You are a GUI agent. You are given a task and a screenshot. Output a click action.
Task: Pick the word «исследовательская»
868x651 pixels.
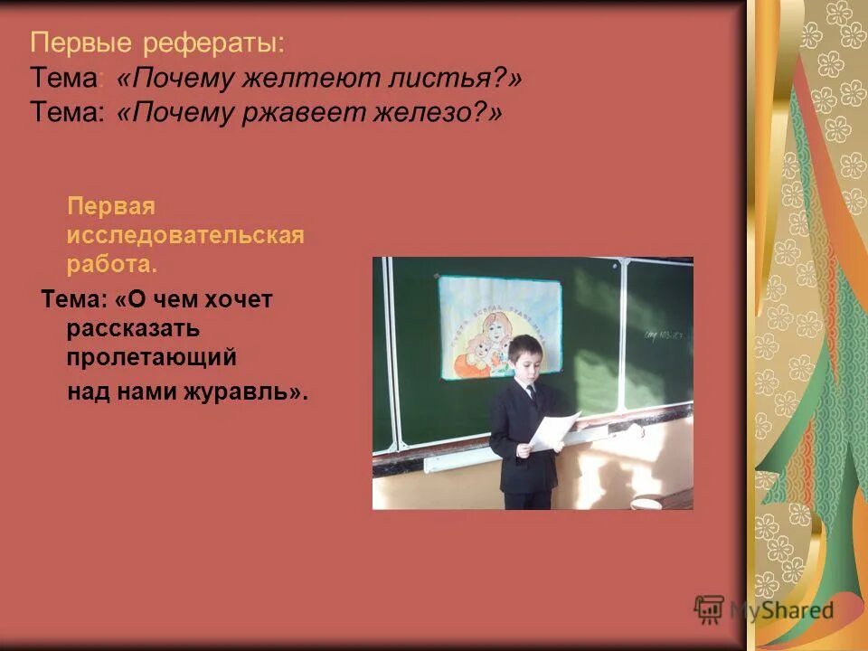coord(184,236)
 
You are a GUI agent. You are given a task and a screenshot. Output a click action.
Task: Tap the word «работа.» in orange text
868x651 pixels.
coord(111,265)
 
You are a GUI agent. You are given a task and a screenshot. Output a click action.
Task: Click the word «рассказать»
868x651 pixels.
coord(132,328)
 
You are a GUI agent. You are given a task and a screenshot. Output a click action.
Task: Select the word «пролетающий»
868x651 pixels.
coord(151,357)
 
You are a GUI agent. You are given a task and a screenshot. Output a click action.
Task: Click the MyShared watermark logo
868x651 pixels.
coord(765,609)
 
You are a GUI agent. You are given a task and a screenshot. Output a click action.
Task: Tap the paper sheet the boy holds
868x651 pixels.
coord(552,429)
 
